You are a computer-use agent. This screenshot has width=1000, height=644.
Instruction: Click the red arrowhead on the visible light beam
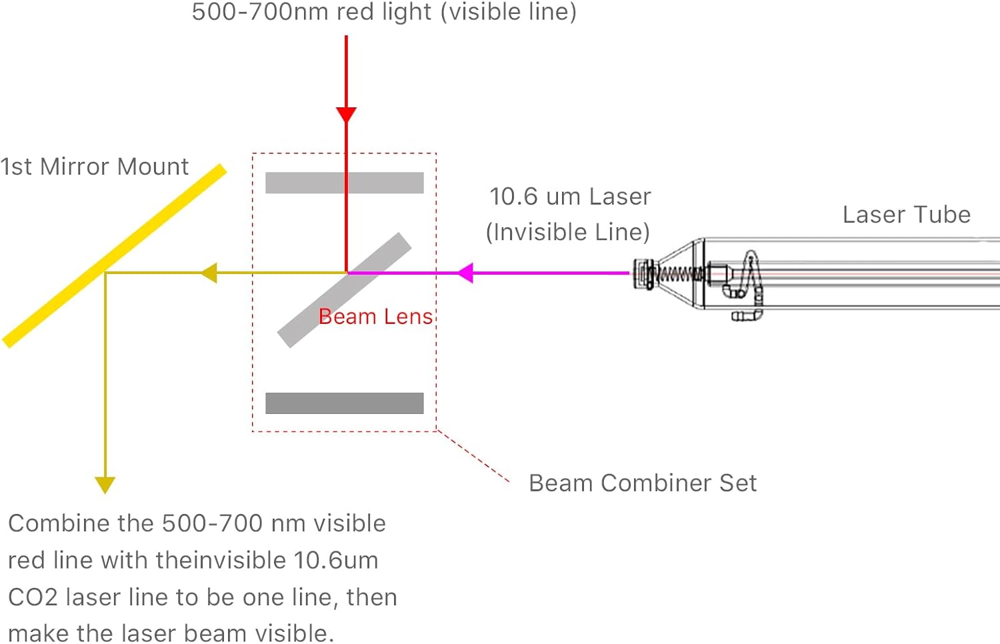pos(346,114)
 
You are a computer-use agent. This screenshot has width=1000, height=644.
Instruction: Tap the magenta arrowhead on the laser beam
pos(465,273)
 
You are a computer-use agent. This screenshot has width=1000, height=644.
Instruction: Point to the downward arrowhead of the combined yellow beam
pos(105,484)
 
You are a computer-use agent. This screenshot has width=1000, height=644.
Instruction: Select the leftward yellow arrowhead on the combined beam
pos(209,273)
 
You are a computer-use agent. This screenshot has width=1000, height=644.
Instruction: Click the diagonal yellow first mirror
pos(113,256)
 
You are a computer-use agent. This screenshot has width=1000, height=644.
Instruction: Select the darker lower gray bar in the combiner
pos(344,403)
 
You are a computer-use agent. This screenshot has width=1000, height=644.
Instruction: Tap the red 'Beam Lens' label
pos(376,316)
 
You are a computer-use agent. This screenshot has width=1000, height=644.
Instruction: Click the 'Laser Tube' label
pos(906,215)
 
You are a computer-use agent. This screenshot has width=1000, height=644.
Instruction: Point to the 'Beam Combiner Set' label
pos(642,483)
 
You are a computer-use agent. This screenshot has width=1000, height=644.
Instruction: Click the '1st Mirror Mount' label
pos(94,167)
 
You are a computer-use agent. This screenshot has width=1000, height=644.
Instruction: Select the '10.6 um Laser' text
pos(569,197)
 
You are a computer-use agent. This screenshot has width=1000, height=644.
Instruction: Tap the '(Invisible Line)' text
pos(567,232)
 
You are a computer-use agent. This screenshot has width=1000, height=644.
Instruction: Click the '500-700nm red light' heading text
pos(384,12)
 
